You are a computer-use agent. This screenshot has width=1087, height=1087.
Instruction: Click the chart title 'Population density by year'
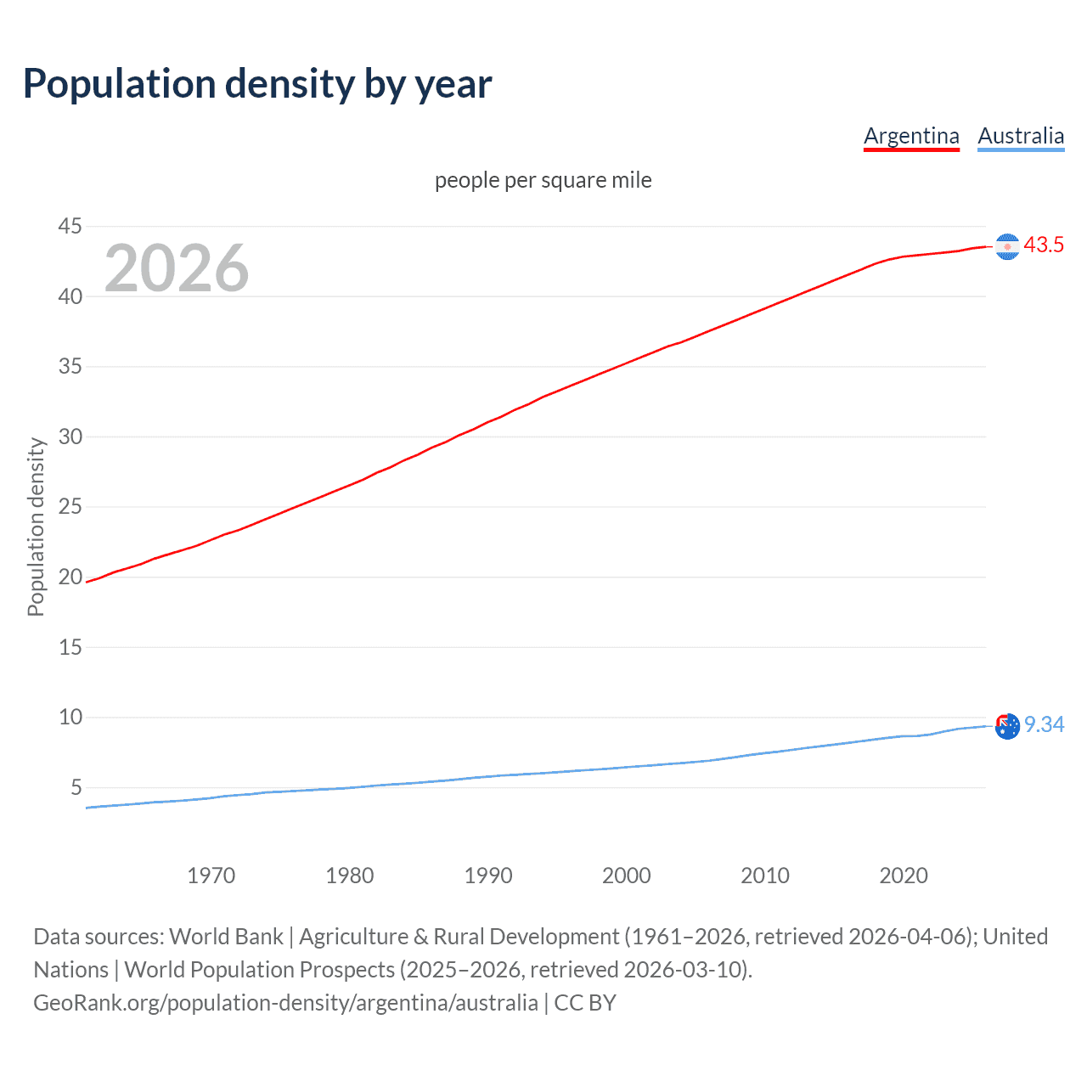257,84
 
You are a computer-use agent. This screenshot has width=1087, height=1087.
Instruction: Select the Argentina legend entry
911,136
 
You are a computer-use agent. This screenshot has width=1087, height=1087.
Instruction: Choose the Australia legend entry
1021,136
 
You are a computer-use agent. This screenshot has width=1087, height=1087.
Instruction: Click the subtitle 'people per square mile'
543,180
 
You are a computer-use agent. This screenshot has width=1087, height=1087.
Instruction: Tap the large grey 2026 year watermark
177,268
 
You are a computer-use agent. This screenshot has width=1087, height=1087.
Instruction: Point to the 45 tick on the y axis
70,226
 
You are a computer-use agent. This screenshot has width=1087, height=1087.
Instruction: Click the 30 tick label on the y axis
70,436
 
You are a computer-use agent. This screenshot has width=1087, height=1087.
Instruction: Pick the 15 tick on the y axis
70,647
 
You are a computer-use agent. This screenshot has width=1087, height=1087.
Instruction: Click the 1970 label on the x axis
211,876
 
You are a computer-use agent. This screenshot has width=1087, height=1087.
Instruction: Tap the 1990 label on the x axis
487,876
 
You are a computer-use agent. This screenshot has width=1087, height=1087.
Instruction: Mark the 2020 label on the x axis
903,876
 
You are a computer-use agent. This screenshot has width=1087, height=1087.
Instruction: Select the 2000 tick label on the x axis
626,876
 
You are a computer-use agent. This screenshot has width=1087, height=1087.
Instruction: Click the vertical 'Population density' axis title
36,527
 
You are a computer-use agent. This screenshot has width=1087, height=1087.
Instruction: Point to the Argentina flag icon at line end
1007,246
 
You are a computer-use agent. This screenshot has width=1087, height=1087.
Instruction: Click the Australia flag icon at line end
1007,726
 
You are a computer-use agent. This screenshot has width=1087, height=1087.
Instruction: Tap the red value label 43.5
1044,245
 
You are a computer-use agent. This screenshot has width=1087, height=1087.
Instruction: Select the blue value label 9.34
1044,724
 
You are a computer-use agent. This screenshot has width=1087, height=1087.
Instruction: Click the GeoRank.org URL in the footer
285,1003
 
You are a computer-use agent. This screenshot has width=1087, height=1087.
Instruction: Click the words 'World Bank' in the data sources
226,937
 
